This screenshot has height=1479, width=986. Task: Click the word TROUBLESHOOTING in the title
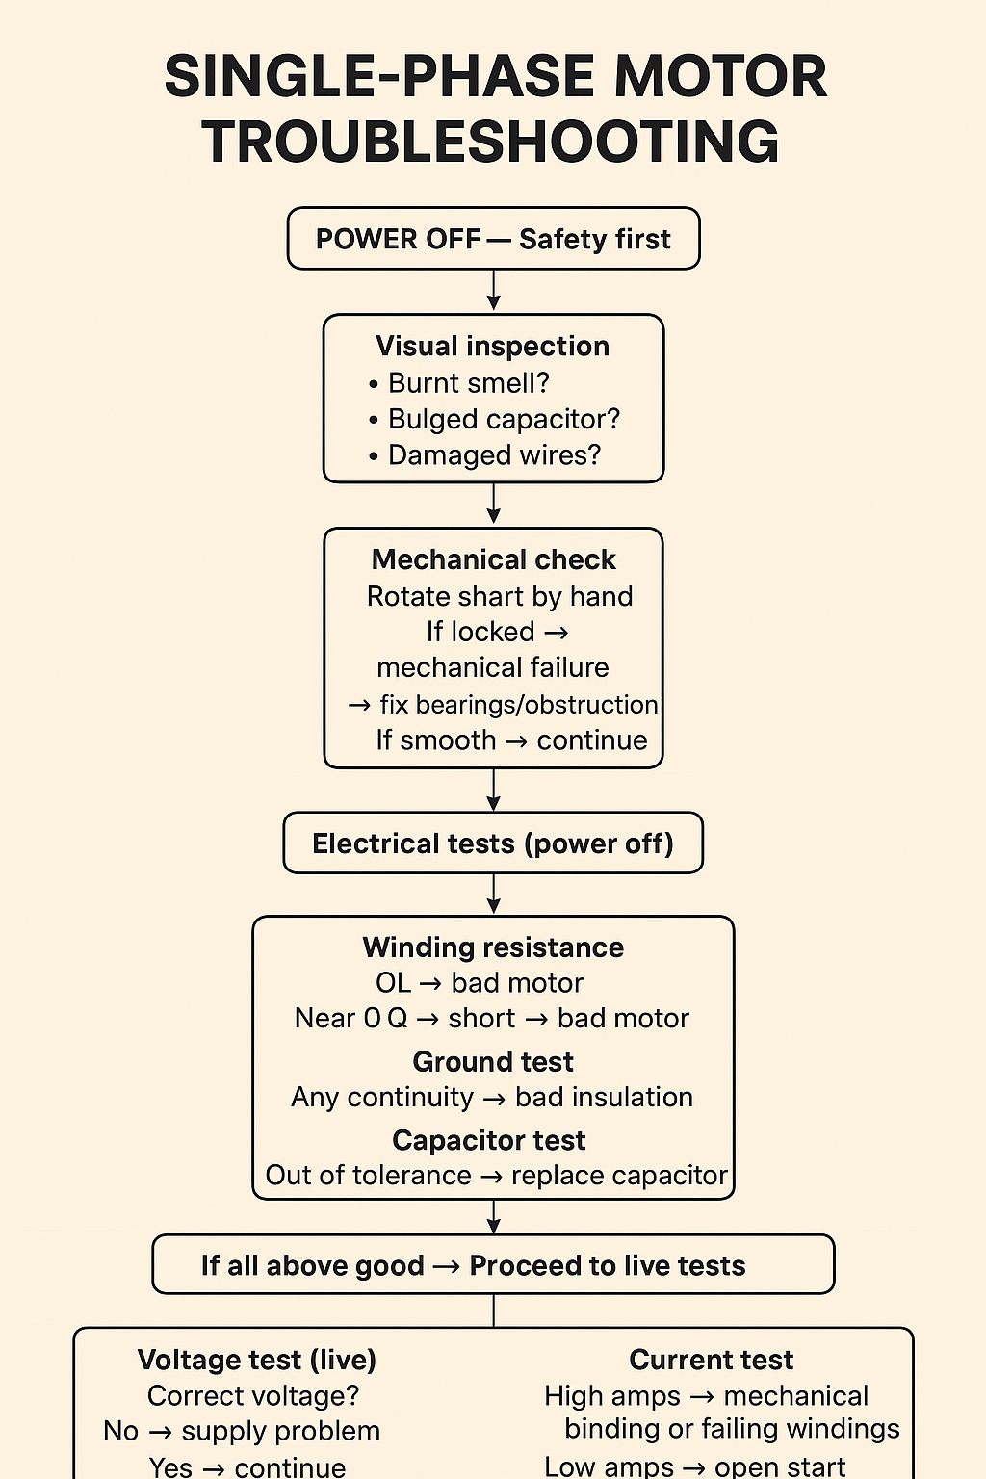(490, 142)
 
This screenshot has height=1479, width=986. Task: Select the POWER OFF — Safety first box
(493, 239)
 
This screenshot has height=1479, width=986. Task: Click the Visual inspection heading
(492, 347)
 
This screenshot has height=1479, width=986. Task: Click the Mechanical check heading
(493, 559)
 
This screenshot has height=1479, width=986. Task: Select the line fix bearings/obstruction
(518, 705)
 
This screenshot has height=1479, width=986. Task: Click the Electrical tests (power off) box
(493, 843)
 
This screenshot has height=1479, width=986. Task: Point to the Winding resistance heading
(493, 947)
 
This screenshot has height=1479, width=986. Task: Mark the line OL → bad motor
(480, 983)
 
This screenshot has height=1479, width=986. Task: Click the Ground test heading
(493, 1061)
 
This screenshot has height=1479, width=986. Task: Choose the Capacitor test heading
(489, 1140)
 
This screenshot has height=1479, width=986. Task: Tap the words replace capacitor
(619, 1176)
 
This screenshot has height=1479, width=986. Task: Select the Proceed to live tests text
(607, 1265)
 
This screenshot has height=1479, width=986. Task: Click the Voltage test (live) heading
(257, 1360)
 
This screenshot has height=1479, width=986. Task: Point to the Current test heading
(711, 1360)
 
